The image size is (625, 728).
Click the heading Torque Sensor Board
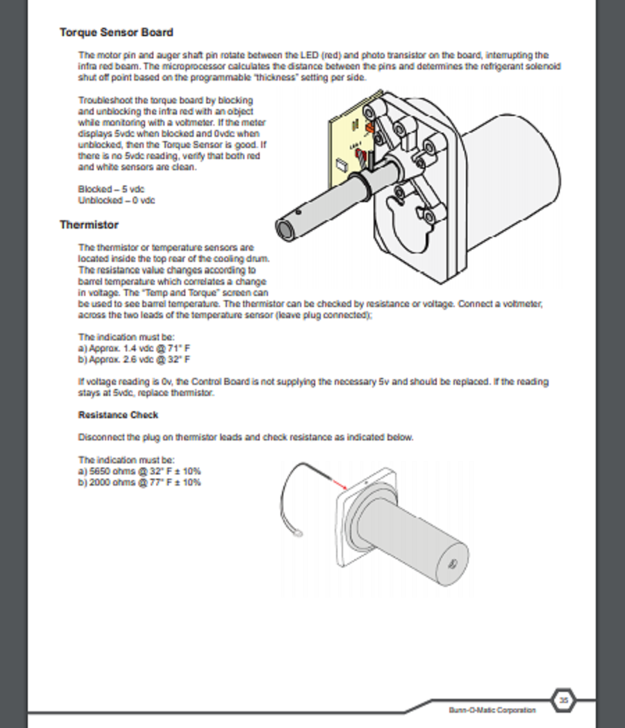[116, 33]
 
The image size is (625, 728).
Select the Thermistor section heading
[89, 225]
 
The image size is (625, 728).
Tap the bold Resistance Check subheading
[118, 415]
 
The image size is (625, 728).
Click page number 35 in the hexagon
[564, 701]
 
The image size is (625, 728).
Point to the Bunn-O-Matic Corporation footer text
[492, 710]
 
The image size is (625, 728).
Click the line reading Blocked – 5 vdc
[111, 189]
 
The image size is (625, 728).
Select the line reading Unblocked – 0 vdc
[116, 200]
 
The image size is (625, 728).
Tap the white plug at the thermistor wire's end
[299, 534]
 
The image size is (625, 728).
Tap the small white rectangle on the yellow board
[341, 164]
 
